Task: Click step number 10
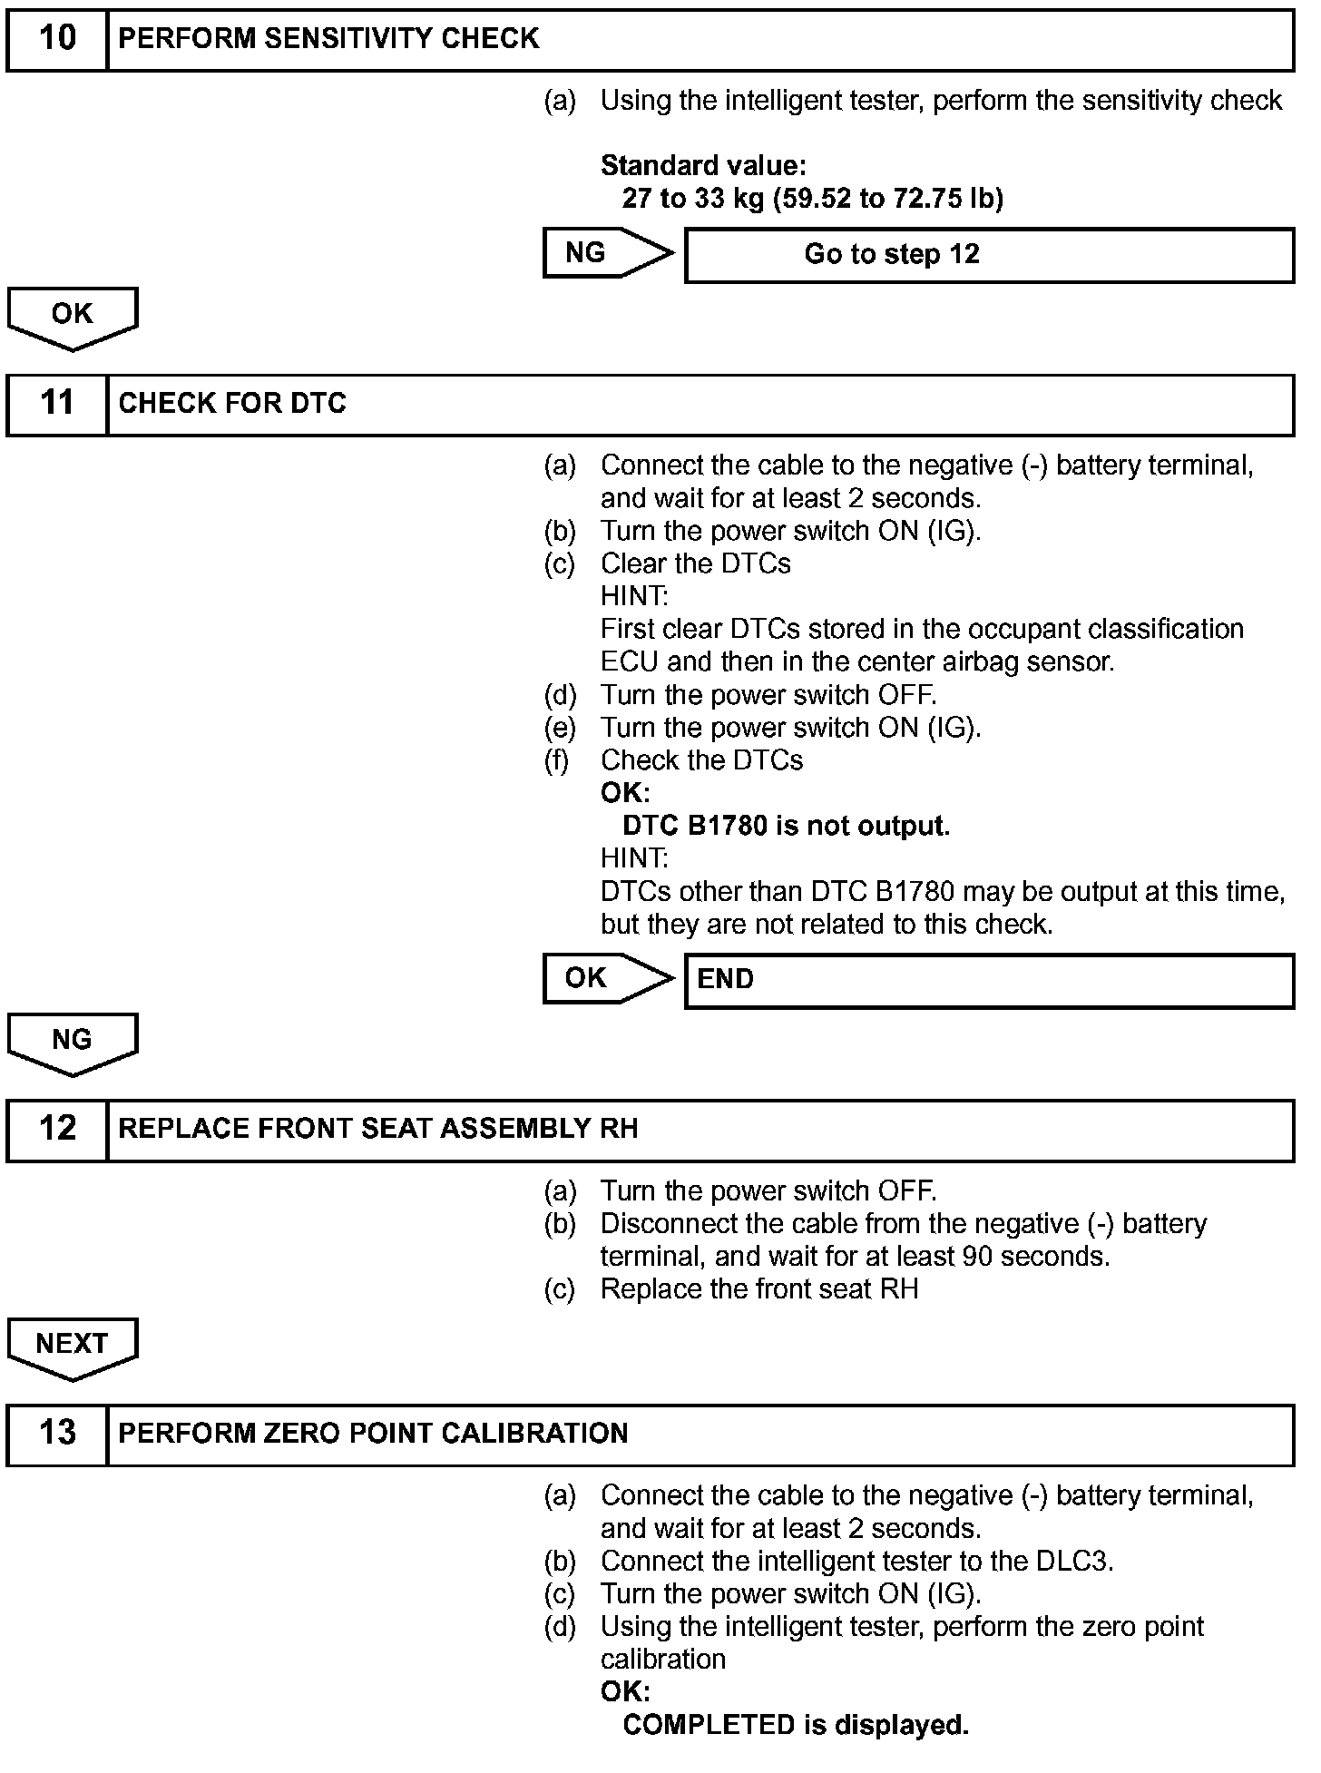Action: coord(57,39)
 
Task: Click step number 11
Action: coord(57,403)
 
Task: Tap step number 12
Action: coord(57,1128)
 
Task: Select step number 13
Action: coord(57,1433)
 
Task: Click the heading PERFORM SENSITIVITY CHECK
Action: coord(328,39)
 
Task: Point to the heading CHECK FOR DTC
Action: coord(232,403)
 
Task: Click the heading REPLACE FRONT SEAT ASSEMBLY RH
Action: coord(378,1128)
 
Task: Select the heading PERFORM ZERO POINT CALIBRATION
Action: coord(373,1433)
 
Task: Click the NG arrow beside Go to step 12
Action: coord(606,252)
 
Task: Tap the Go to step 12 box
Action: coord(988,255)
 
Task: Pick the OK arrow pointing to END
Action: coord(606,978)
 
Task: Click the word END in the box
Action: coord(725,979)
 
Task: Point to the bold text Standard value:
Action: coord(703,165)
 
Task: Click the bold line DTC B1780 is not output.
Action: coord(786,826)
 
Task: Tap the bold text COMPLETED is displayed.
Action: coord(796,1724)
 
